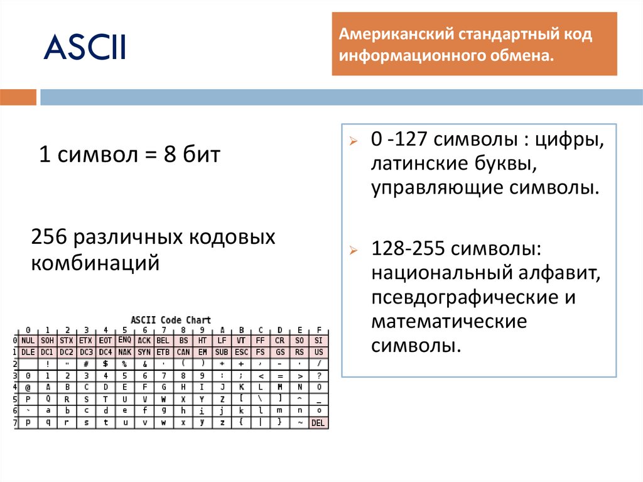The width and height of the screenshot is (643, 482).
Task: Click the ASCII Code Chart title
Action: [171, 320]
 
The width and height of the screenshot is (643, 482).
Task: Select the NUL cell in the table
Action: [28, 341]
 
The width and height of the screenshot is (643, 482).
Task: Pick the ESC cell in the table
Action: [240, 352]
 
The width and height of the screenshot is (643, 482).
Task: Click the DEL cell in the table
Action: [318, 423]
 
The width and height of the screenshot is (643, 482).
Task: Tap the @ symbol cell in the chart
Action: [28, 387]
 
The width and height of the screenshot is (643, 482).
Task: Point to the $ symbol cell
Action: [105, 364]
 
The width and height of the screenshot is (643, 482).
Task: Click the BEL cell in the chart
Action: [163, 341]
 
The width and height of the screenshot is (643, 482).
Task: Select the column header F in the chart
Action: [319, 330]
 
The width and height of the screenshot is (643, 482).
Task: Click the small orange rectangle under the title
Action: [18, 97]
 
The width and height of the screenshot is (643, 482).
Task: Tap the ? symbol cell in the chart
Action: [319, 376]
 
